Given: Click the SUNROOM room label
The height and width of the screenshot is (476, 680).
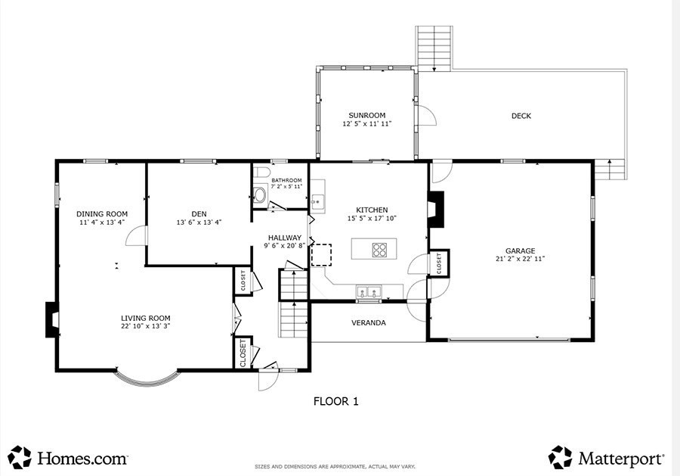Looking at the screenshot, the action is coord(367,115).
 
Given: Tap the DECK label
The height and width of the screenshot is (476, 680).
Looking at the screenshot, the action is coord(521,116).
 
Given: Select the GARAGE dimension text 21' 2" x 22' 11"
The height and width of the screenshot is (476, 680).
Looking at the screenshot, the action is coord(520,259).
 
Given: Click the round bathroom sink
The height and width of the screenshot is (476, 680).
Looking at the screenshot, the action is coord(259,195).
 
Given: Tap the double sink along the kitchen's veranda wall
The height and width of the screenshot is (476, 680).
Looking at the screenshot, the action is coord(369,291).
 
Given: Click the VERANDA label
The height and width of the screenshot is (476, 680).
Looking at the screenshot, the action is coord(368,322).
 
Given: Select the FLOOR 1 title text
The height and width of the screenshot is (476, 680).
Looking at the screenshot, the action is coord(336,401).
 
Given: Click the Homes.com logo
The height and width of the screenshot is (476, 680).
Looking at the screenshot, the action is coord(68,458).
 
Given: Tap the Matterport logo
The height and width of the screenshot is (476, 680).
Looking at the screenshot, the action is coord(606,458).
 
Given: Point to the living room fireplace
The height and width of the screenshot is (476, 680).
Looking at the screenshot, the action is coord(52,319).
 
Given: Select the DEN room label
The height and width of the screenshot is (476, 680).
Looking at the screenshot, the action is coord(199,213).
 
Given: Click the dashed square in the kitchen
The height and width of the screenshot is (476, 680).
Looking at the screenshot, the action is coord(321,254).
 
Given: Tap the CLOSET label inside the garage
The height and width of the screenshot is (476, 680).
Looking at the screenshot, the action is coord(439,263).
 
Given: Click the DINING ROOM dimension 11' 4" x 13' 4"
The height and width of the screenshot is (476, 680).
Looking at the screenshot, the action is coord(102,222).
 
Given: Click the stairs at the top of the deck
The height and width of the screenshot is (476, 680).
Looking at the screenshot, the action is coord(434,48).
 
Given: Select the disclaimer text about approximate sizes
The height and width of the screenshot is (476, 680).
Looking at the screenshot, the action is coord(335,467).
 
